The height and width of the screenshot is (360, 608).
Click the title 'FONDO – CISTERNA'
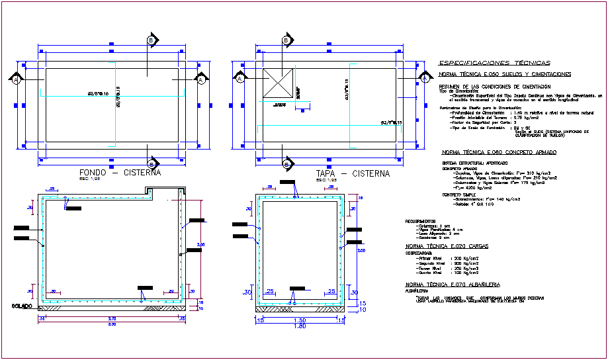[119, 173]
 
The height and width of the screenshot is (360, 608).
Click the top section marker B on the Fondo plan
[153, 41]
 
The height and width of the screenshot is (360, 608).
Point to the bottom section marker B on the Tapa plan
[286, 163]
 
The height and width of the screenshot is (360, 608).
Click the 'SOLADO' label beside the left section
[22, 306]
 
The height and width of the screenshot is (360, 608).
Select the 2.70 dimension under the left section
[111, 319]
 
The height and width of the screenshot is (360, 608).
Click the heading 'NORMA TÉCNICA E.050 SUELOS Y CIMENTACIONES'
[505, 75]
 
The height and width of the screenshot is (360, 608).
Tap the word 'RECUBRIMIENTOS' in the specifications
[420, 221]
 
